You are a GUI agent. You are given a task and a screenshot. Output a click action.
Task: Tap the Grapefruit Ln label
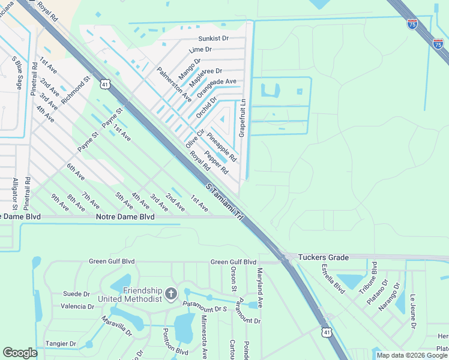point(243,118)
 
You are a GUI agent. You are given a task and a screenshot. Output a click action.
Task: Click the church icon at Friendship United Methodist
point(171,293)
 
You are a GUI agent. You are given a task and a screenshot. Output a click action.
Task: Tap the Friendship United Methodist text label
point(142,295)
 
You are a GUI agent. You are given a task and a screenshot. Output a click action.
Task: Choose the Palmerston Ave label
point(173,84)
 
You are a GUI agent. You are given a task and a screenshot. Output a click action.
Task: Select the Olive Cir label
point(195,139)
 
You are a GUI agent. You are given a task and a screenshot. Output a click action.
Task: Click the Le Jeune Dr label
point(413,311)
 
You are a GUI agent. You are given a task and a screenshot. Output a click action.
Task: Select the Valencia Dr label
point(77,306)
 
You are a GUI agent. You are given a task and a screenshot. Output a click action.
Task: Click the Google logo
point(20,353)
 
